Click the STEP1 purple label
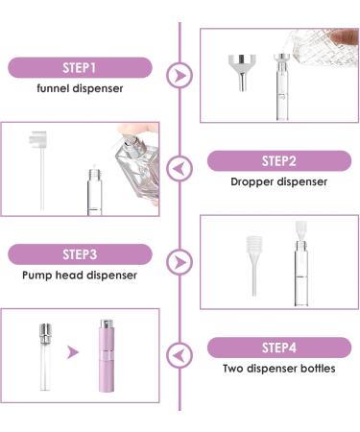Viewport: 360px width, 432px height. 80,67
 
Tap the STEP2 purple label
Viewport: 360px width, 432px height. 277,160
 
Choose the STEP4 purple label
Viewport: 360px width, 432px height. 277,347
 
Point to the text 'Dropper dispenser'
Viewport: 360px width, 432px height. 277,181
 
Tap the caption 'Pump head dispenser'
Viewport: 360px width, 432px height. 80,276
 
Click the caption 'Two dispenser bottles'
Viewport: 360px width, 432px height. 277,369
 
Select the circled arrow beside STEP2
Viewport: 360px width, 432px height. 179,169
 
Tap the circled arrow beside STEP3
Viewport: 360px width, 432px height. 179,261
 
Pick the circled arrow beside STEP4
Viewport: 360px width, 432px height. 179,354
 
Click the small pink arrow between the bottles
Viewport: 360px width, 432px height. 73,352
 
